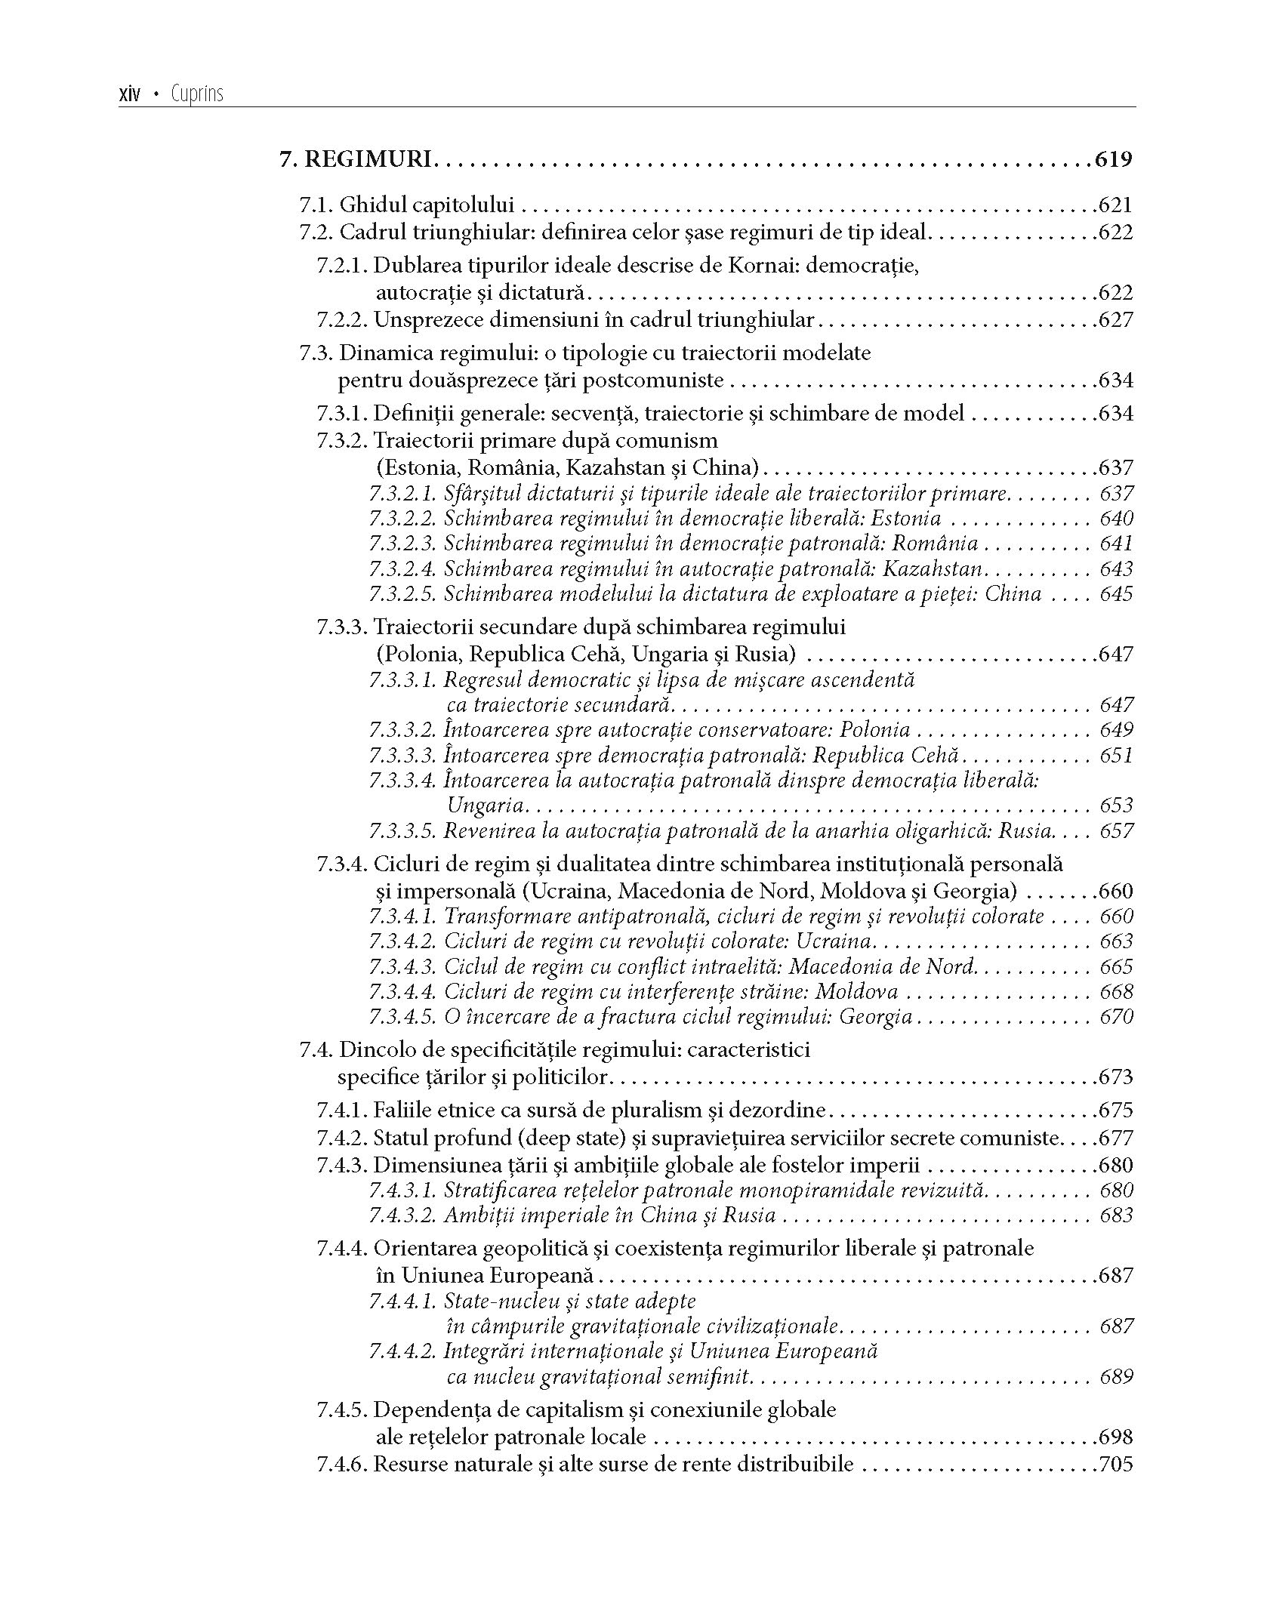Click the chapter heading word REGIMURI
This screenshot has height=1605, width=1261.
pos(368,160)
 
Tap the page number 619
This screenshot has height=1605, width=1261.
pos(1113,160)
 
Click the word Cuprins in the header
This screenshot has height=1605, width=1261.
pos(197,95)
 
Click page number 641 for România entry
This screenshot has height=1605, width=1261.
pos(1117,544)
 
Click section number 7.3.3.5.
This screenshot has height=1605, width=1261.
pos(403,831)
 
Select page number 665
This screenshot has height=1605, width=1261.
pos(1117,967)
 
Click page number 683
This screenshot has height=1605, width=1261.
pos(1117,1215)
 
